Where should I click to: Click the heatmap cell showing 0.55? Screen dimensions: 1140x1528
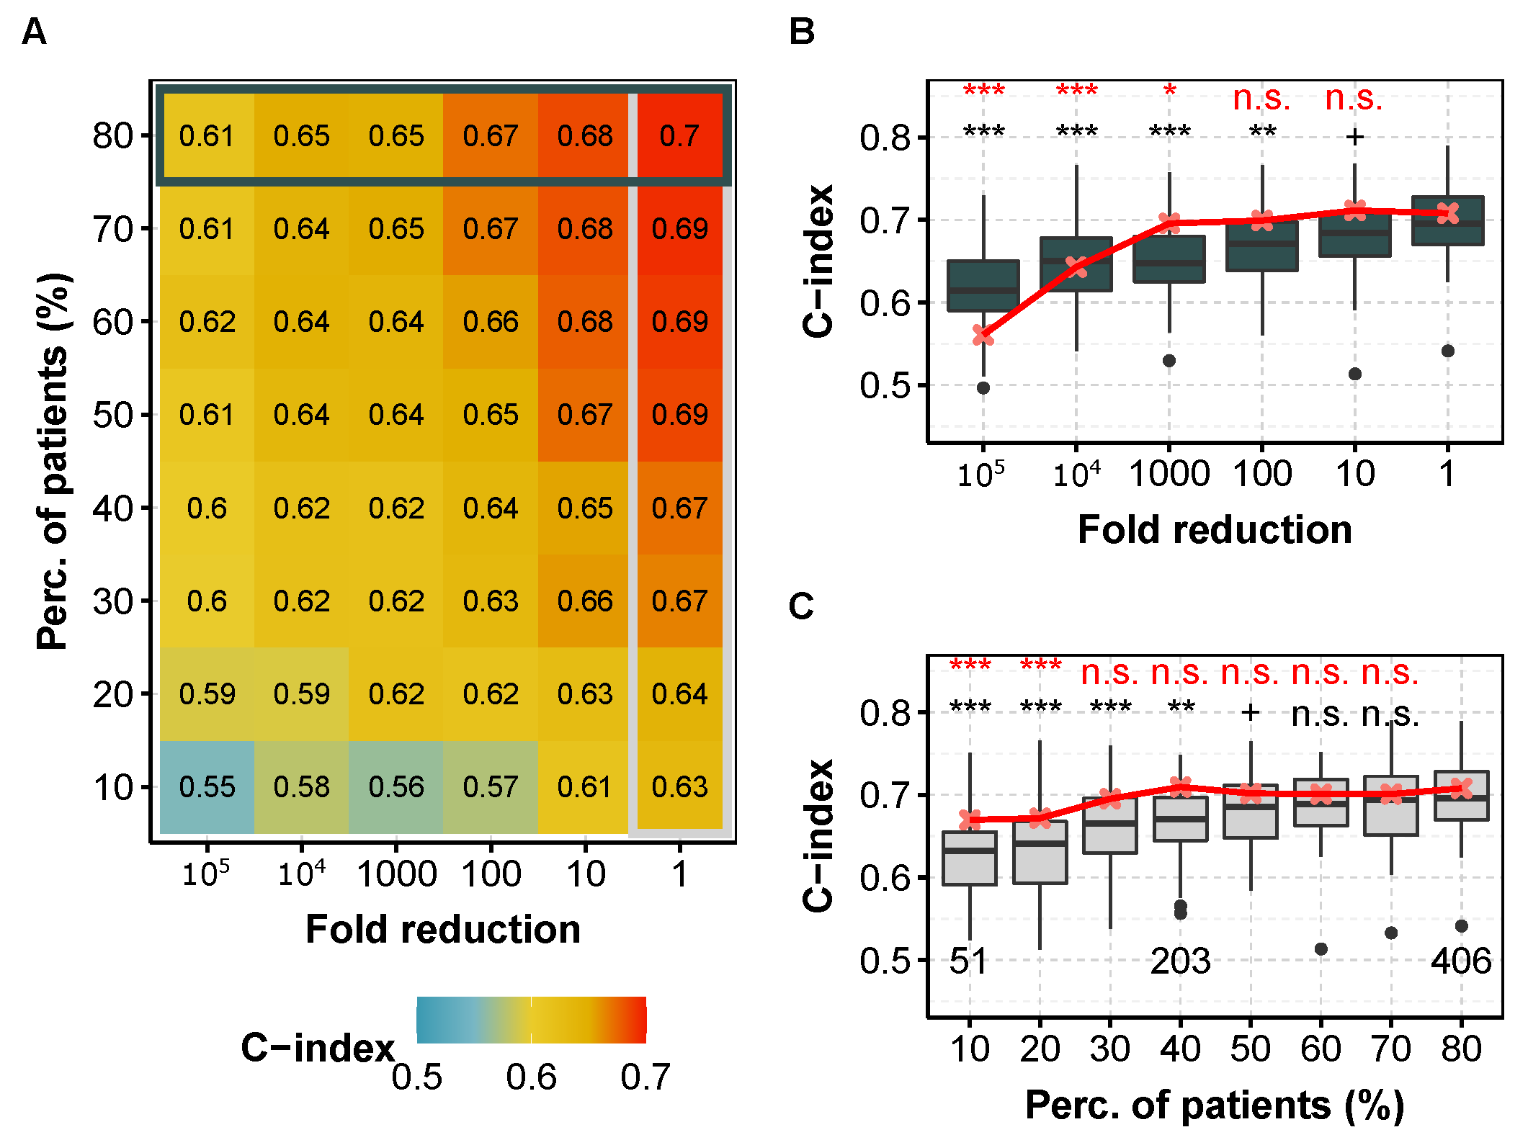(x=207, y=787)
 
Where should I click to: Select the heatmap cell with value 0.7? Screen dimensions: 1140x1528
(x=679, y=136)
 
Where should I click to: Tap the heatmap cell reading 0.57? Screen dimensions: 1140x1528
(x=490, y=787)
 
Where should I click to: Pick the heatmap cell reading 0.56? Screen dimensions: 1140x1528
(x=396, y=787)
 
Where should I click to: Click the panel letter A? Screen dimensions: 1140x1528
(x=34, y=32)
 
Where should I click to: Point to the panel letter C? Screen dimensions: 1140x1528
(x=801, y=606)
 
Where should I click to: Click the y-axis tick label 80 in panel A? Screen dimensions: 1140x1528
(x=112, y=136)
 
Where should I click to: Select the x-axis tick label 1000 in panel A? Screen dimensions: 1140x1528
(x=396, y=875)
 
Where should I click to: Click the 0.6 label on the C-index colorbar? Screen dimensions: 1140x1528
(x=531, y=1077)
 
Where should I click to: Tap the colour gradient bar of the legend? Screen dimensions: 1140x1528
(x=531, y=1020)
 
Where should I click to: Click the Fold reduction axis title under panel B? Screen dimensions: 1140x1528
(x=1215, y=530)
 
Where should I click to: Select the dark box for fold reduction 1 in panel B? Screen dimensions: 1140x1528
(x=1447, y=221)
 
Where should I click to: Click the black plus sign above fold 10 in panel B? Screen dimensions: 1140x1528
(x=1355, y=136)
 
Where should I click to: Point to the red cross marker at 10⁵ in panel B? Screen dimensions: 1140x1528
(x=983, y=335)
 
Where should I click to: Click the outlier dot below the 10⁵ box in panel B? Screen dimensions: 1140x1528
(x=983, y=388)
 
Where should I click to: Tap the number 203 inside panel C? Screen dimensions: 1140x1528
(x=1180, y=961)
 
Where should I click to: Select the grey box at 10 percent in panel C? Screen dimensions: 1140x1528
(x=970, y=858)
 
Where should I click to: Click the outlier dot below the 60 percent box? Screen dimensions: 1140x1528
(x=1321, y=949)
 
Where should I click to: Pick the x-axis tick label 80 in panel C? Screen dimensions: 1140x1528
(x=1461, y=1049)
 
